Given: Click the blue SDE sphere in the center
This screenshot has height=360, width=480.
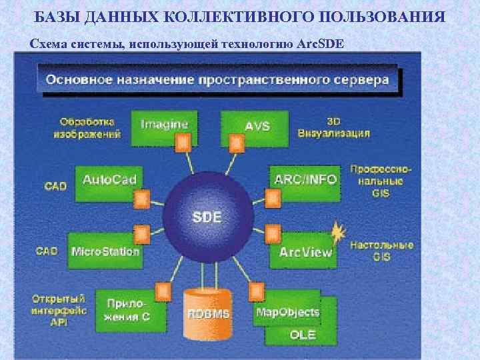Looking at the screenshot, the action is (x=207, y=216).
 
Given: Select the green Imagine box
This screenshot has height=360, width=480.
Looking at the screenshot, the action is (x=165, y=127).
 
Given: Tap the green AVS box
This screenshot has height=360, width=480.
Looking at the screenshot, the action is (x=255, y=127).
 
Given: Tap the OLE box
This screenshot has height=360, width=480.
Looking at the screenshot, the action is (x=303, y=335).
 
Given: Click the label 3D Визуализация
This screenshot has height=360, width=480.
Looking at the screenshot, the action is (x=347, y=127).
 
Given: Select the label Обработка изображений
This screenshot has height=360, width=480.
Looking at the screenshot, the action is (x=87, y=127).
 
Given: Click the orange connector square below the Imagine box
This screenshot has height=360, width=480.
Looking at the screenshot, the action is (x=182, y=143).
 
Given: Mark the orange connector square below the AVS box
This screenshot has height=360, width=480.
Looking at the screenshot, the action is (x=235, y=142).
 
